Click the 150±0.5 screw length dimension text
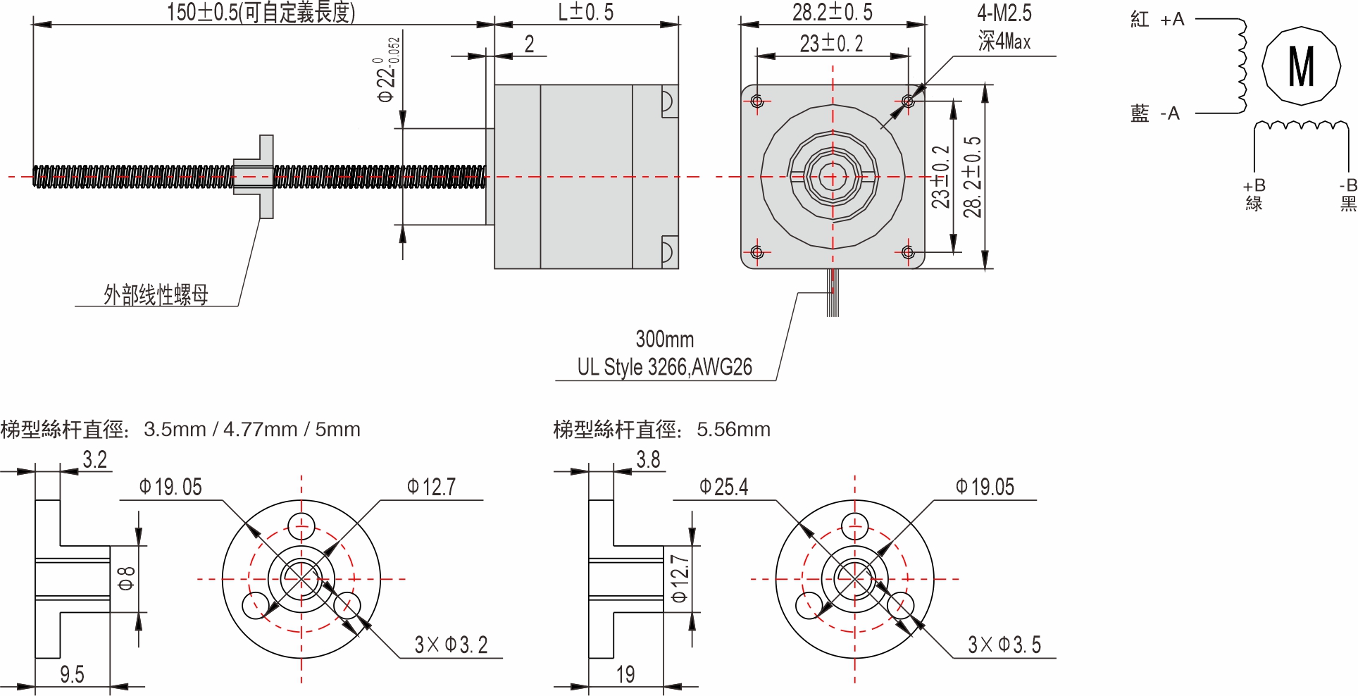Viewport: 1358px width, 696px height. (261, 13)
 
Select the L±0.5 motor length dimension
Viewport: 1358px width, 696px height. (585, 12)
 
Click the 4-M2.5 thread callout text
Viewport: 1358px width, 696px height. (1004, 13)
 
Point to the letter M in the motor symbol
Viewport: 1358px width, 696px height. (1300, 66)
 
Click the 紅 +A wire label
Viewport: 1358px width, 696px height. (1157, 20)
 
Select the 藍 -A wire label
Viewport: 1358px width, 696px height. (1154, 113)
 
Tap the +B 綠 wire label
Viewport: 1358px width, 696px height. (1254, 194)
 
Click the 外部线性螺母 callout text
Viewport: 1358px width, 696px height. (156, 294)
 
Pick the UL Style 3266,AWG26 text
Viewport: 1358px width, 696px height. (664, 367)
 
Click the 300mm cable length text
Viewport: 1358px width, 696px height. (664, 340)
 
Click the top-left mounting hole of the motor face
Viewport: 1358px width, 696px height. (757, 101)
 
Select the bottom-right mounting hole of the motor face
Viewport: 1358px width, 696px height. (908, 252)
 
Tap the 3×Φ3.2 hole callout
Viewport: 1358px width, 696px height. (451, 645)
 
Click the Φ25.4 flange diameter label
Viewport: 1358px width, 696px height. (723, 487)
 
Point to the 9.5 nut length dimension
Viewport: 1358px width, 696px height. (72, 674)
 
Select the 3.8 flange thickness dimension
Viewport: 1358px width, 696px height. (648, 460)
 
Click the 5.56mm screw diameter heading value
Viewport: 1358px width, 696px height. (733, 429)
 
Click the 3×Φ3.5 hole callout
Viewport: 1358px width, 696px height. (1004, 645)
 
